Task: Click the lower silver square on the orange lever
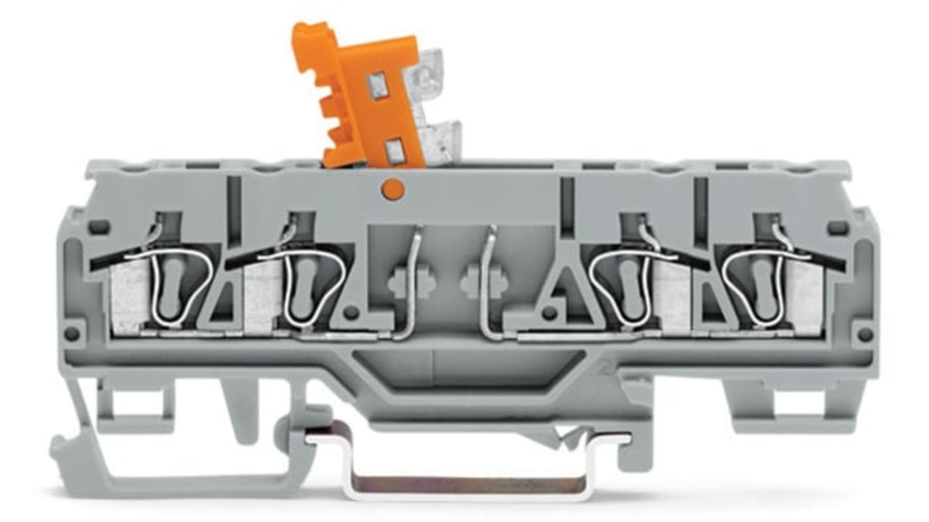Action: (394, 152)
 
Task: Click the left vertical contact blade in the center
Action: (411, 281)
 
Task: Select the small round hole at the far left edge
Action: (71, 334)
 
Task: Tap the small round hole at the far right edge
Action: (865, 334)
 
